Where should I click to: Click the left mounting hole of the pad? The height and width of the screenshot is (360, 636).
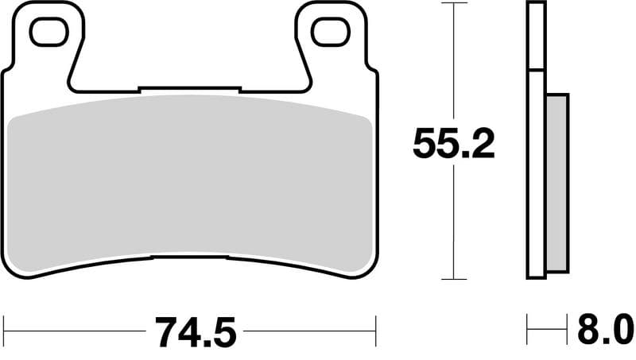(x=50, y=32)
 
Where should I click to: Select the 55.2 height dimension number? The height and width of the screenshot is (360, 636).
(x=453, y=144)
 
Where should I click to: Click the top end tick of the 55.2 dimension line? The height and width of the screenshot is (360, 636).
(x=453, y=3)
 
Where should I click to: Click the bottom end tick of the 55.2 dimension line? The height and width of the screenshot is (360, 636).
(x=453, y=279)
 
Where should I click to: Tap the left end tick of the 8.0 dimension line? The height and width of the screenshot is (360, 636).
(x=527, y=325)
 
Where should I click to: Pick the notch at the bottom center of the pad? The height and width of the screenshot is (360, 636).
(x=189, y=258)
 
